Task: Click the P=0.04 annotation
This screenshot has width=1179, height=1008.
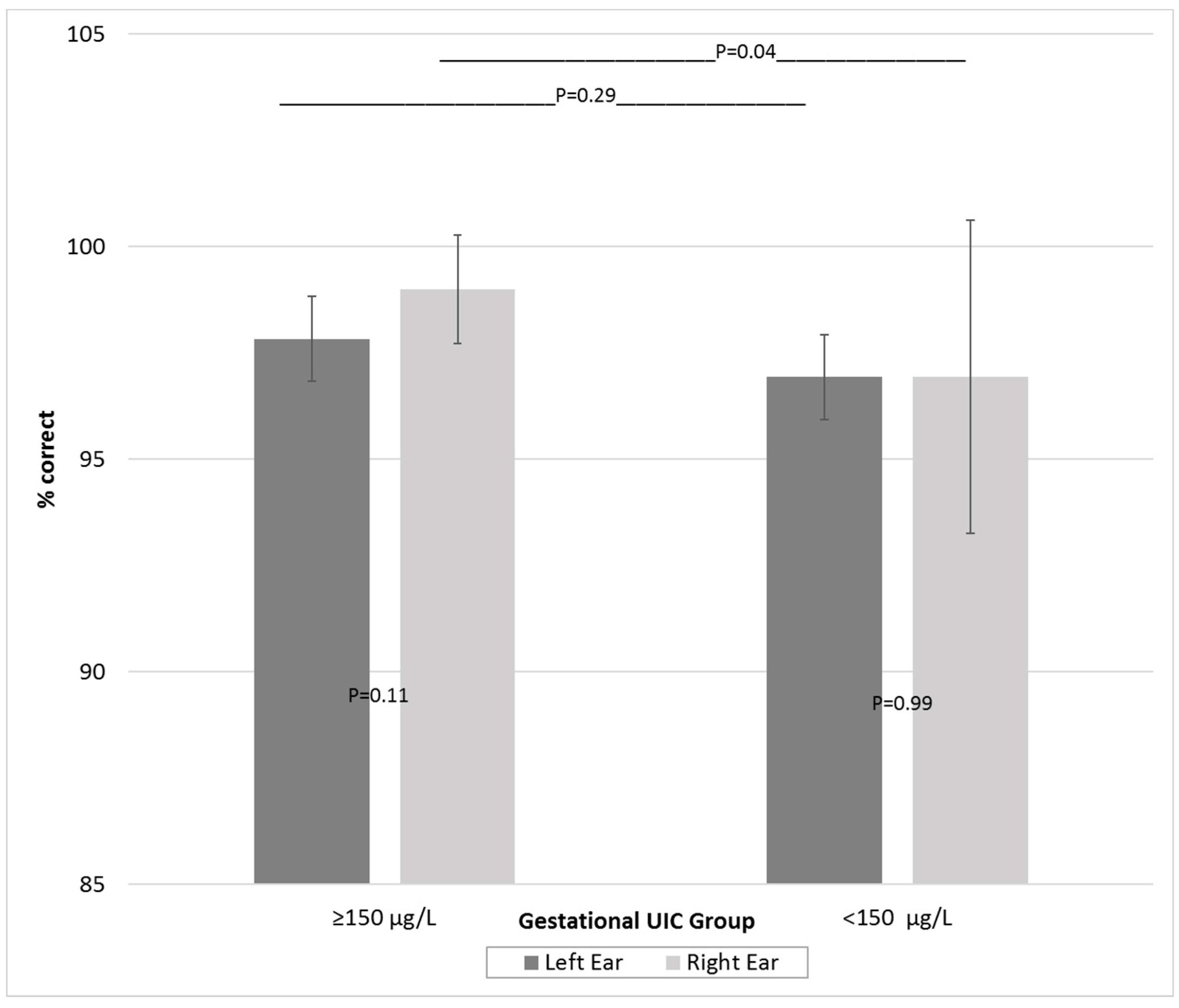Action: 745,52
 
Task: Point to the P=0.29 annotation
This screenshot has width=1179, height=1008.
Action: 585,95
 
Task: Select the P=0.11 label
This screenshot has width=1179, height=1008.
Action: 378,695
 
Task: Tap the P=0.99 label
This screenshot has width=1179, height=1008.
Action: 902,703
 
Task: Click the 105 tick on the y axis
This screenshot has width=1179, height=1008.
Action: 86,35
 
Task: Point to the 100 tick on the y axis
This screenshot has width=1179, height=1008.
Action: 86,247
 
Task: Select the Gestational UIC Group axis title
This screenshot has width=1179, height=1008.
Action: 636,921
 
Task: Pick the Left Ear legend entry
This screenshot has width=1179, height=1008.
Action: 574,963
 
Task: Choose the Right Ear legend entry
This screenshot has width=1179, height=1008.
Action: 722,963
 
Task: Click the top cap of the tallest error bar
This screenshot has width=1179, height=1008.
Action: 970,220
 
